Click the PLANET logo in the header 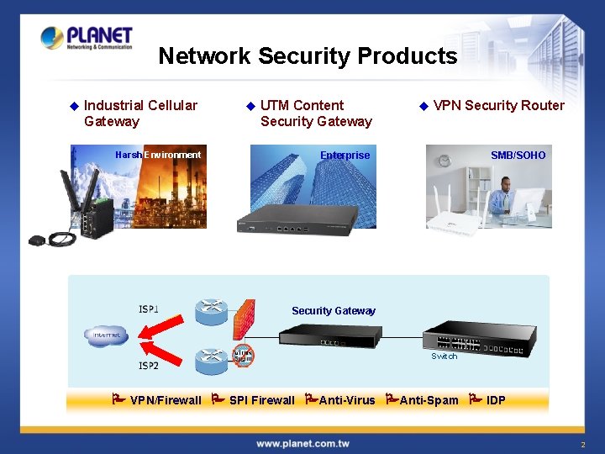click(87, 39)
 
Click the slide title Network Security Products click(308, 56)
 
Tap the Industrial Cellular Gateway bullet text click(140, 113)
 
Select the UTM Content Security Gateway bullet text click(316, 113)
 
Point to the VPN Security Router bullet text click(498, 105)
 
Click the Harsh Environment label click(158, 155)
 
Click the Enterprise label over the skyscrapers click(345, 155)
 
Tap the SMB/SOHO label click(518, 155)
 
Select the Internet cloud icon click(106, 335)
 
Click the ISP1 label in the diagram click(149, 309)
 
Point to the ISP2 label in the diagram click(149, 366)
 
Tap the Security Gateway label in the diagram click(334, 311)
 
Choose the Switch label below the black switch click(444, 356)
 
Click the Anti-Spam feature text click(429, 400)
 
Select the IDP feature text click(496, 400)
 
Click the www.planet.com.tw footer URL click(302, 443)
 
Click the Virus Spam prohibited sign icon click(243, 355)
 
